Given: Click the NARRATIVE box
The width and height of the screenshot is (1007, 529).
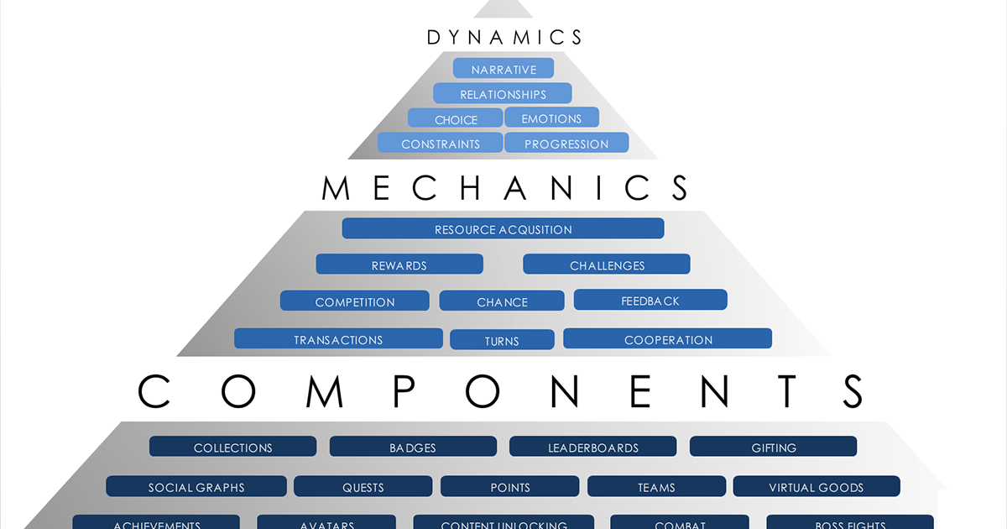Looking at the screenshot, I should point(503,69).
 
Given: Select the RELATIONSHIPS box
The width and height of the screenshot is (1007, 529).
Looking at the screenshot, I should point(503,94).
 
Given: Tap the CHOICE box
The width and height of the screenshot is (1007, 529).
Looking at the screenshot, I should point(456,119).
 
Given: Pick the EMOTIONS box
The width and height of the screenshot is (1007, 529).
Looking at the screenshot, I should point(551,118).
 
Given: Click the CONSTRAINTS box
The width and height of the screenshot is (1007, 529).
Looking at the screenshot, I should point(441,144).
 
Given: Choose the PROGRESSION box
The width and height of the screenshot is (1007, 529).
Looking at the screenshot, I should point(566,144).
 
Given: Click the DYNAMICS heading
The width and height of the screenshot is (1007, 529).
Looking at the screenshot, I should point(504,37).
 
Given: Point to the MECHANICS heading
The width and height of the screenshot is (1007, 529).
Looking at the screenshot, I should point(505,187).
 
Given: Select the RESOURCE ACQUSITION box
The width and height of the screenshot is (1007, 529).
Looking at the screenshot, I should point(503,229).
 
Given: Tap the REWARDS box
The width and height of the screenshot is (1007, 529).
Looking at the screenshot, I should point(399,265).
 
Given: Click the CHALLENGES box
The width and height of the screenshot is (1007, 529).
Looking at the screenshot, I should point(607,265).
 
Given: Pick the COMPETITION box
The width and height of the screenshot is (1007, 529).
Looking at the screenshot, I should point(355,301).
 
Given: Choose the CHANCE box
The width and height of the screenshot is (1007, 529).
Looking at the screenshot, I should point(502,301).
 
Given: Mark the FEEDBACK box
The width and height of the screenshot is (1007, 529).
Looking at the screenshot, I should point(650,300).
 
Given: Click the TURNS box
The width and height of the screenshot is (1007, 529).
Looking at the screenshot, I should point(502,340).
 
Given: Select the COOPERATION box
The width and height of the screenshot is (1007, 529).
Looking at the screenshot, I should point(668,339).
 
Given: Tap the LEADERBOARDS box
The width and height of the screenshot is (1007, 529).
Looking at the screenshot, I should point(592,448).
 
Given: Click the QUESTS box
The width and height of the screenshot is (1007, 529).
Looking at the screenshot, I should point(363,487).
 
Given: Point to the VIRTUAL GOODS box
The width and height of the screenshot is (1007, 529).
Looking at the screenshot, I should point(816,487).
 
